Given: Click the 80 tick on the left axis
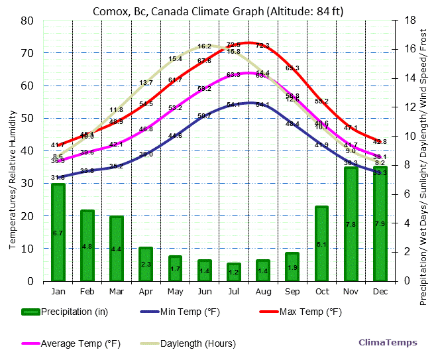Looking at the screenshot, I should (x=27, y=21).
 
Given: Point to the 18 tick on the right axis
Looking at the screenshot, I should (x=410, y=21).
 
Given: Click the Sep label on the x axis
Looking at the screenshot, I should (x=292, y=291).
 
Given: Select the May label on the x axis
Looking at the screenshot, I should (x=175, y=291).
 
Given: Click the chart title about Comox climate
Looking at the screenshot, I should (x=218, y=11).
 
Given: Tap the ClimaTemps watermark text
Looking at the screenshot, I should (x=388, y=343).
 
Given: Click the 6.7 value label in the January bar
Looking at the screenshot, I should (x=58, y=233).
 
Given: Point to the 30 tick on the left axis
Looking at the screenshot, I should (x=27, y=184).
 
